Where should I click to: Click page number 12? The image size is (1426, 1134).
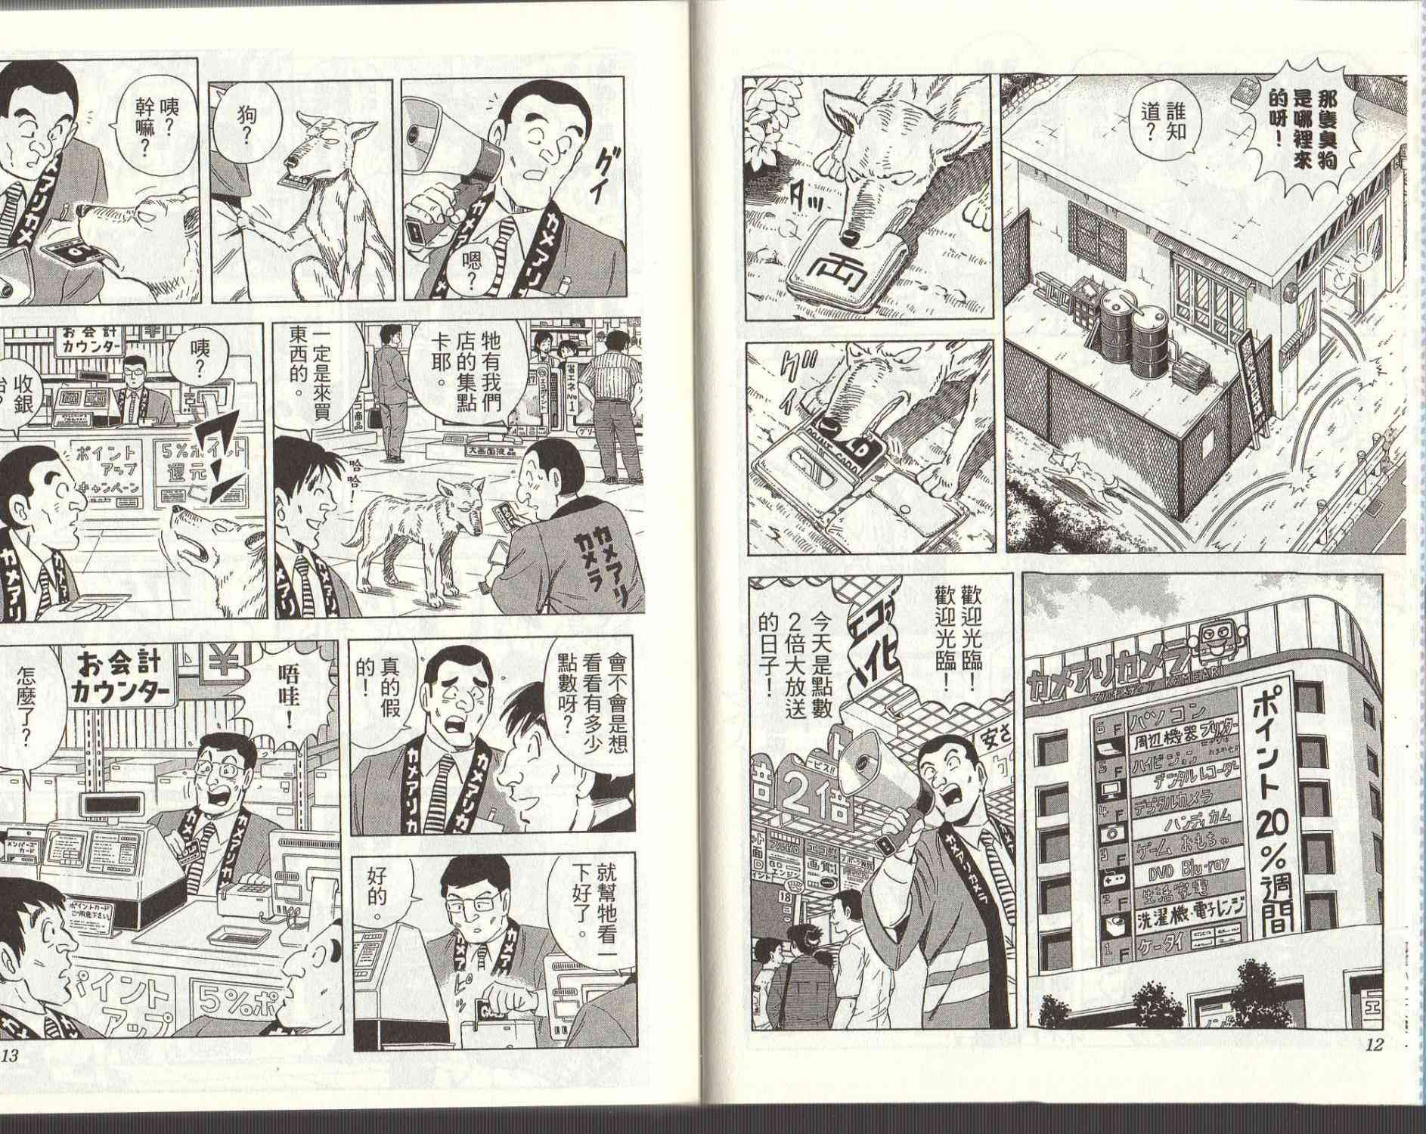[x=1373, y=1046]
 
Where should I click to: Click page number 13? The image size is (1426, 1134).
[x=11, y=1055]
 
